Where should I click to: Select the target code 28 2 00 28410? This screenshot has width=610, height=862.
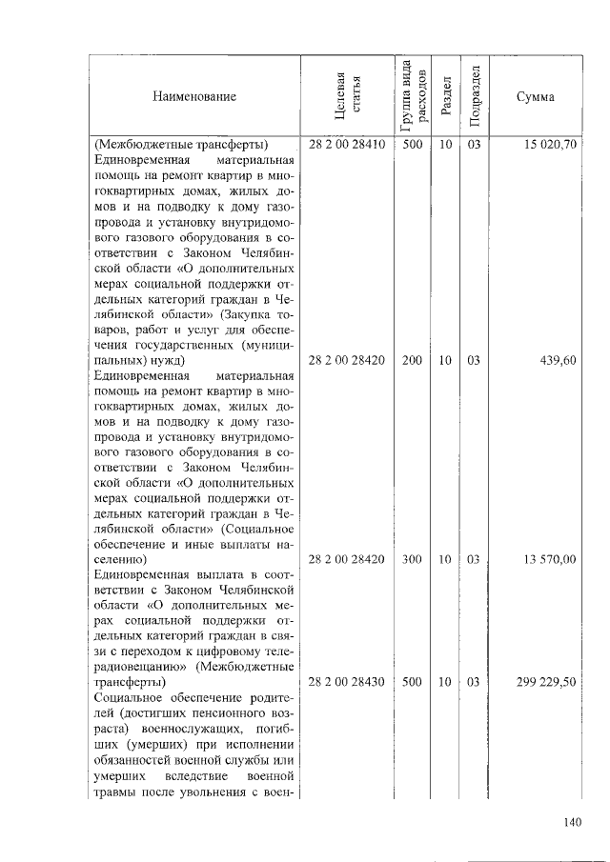[x=346, y=145]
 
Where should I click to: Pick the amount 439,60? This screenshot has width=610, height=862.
[x=557, y=361]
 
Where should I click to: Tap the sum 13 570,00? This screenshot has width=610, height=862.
[x=549, y=559]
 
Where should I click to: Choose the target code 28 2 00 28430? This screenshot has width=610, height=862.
[x=346, y=682]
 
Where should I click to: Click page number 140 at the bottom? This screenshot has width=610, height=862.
[x=571, y=822]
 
